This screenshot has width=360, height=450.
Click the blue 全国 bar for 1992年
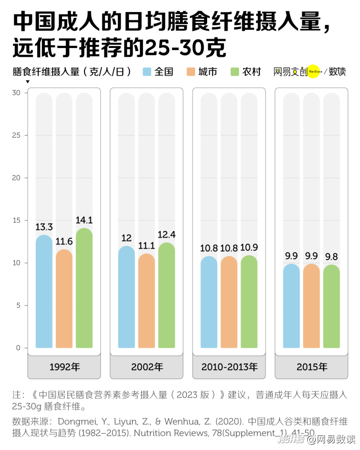44,292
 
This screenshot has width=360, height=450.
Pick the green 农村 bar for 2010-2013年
249,302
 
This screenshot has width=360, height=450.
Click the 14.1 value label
84,220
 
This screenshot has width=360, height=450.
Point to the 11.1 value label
147,246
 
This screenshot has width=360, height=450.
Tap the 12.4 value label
166,235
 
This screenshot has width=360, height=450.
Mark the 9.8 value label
331,257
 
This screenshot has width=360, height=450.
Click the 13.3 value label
44,227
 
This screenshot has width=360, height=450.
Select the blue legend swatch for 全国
147,72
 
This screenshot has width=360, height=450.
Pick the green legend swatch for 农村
235,72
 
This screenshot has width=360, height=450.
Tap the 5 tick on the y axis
18,305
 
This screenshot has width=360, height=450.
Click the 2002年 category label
147,367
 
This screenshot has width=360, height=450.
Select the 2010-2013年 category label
229,367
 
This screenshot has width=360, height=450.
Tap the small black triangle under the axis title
27,81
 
